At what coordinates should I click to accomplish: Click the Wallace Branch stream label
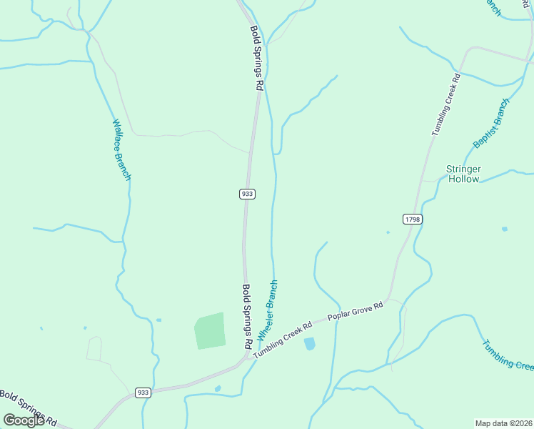coord(121,149)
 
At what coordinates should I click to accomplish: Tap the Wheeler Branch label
coord(268,310)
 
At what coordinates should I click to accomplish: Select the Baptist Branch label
coord(491,124)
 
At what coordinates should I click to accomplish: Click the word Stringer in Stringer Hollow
coord(463,169)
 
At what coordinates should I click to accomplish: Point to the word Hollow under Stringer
coord(463,179)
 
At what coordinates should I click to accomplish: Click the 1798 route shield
coord(411,219)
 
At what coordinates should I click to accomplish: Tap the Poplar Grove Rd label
coord(356,310)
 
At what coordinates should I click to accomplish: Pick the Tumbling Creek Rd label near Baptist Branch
coord(446,104)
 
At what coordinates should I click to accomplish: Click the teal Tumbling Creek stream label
coord(507,355)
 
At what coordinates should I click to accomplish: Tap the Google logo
coord(24,420)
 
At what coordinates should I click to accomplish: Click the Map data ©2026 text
coord(503,423)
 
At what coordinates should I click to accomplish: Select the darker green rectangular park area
coord(210,330)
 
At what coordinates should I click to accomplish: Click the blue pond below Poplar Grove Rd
coord(309,344)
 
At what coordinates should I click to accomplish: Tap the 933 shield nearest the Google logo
coord(143,393)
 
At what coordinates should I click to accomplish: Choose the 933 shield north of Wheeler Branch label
coord(247,194)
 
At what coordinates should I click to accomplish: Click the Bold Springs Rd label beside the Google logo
coord(29,408)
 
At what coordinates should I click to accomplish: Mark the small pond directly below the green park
coord(217,389)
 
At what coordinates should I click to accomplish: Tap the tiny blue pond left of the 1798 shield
coord(388,232)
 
